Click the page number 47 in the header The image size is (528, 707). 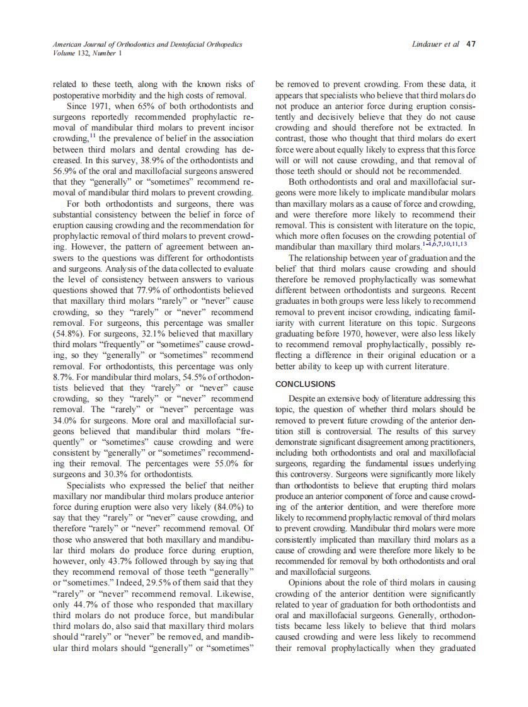click(471, 44)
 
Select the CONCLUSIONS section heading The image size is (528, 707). click(306, 384)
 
